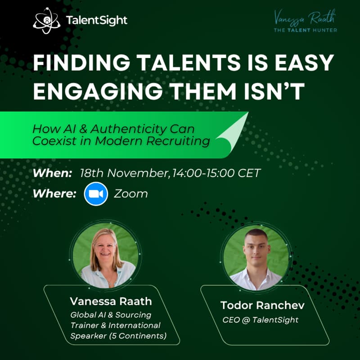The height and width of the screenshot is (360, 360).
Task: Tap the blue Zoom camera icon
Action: (x=96, y=194)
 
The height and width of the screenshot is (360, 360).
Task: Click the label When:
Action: (x=52, y=173)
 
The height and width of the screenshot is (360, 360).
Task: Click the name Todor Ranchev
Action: (x=262, y=305)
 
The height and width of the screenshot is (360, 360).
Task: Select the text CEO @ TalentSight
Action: (x=261, y=320)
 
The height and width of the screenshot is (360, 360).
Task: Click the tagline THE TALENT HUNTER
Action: (x=306, y=30)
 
